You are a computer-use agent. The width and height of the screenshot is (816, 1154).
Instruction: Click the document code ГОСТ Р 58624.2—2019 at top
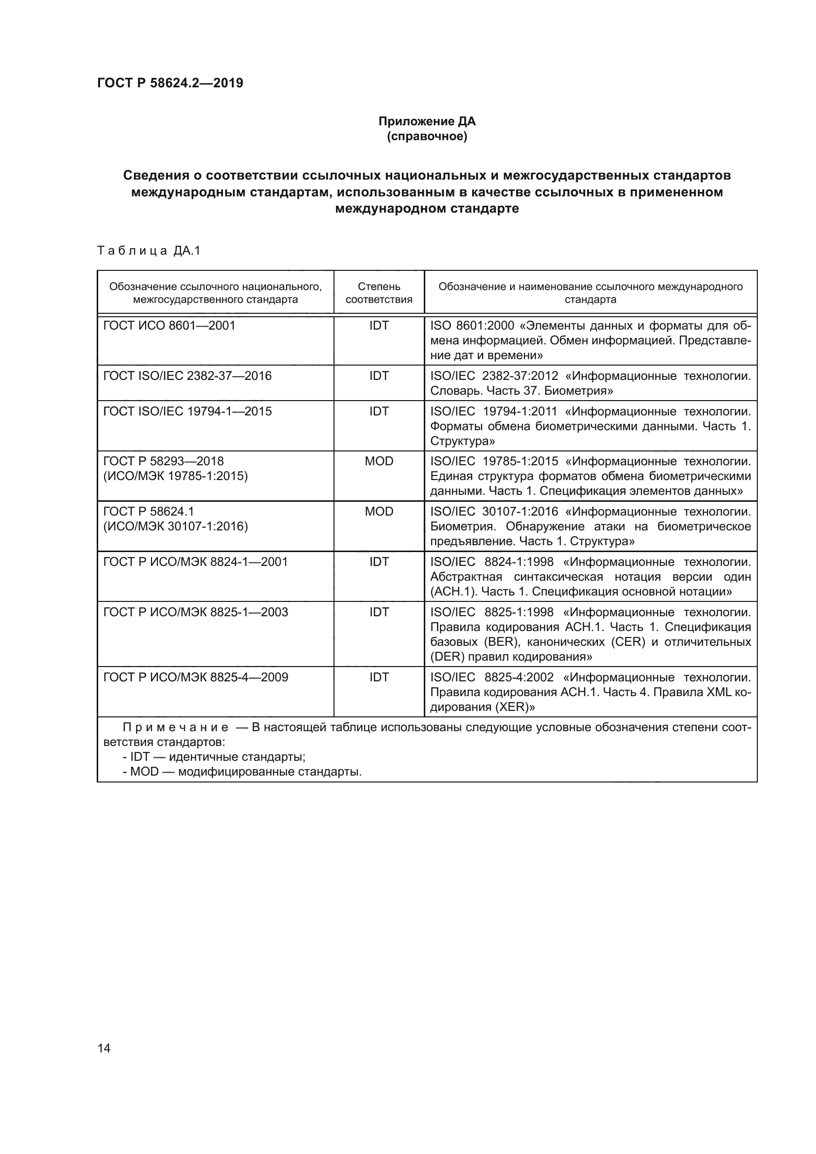[x=170, y=83]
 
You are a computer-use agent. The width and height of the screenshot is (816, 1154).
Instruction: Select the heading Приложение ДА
[x=427, y=121]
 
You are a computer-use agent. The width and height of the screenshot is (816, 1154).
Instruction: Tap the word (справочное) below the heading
[x=427, y=136]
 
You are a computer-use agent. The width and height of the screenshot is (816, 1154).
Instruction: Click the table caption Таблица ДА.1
[x=148, y=250]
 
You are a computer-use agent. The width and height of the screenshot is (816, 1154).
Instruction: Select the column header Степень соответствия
[x=379, y=293]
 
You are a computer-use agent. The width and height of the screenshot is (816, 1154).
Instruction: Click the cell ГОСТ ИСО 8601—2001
[x=169, y=326]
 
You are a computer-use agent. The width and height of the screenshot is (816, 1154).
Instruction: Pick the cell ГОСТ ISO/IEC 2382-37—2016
[x=187, y=376]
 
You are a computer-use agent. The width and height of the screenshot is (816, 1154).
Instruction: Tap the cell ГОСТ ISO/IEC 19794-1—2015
[x=187, y=411]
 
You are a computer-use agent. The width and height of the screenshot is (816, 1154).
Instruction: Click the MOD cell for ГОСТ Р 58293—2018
[x=379, y=461]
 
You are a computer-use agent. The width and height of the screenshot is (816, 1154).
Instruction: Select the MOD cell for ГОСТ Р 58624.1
[x=379, y=512]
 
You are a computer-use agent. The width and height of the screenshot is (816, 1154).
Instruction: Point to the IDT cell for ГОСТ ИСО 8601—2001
[x=379, y=326]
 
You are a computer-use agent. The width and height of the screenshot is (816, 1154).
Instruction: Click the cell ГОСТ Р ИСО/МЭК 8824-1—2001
[x=195, y=562]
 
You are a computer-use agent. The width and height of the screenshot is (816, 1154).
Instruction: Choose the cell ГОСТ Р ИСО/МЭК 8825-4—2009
[x=195, y=677]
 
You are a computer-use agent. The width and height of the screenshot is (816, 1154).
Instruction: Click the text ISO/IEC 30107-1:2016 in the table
[x=494, y=512]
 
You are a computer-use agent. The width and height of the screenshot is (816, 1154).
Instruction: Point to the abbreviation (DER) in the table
[x=447, y=657]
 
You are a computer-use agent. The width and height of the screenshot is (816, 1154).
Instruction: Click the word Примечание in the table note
[x=176, y=728]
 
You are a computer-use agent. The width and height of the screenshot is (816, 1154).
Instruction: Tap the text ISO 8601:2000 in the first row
[x=472, y=326]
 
